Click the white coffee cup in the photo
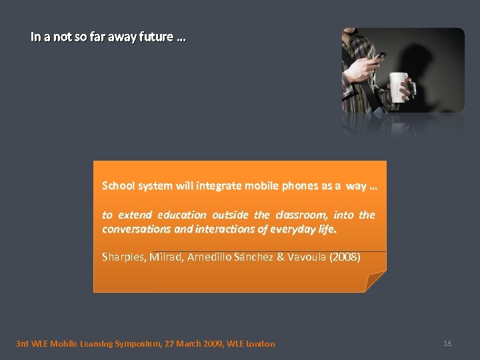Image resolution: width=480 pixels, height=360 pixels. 399,86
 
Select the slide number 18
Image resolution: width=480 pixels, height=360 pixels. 447,343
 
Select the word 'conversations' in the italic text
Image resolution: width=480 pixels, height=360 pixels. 133,229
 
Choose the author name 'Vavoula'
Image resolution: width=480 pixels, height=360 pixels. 306,257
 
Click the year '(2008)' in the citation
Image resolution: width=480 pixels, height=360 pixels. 345,257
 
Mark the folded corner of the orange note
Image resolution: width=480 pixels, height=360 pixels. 375,282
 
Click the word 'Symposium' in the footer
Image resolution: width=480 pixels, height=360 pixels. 133,344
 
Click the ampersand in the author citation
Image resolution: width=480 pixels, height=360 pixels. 279,257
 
